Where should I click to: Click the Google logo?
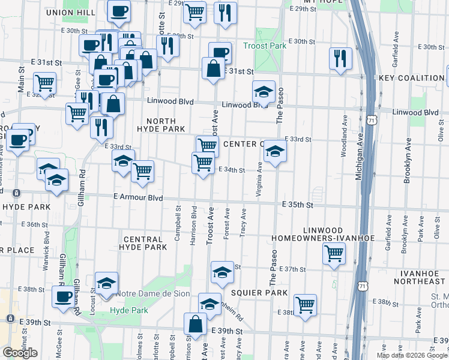[x=20, y=353]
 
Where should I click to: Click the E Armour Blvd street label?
[x=139, y=197]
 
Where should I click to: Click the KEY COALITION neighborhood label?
[x=411, y=78]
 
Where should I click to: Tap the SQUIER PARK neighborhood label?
[x=252, y=292]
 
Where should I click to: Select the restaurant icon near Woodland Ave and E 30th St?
[x=340, y=58]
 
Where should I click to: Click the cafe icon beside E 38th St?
[x=62, y=296]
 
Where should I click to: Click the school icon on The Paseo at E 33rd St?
[x=275, y=151]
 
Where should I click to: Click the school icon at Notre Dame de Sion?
[x=107, y=283]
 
